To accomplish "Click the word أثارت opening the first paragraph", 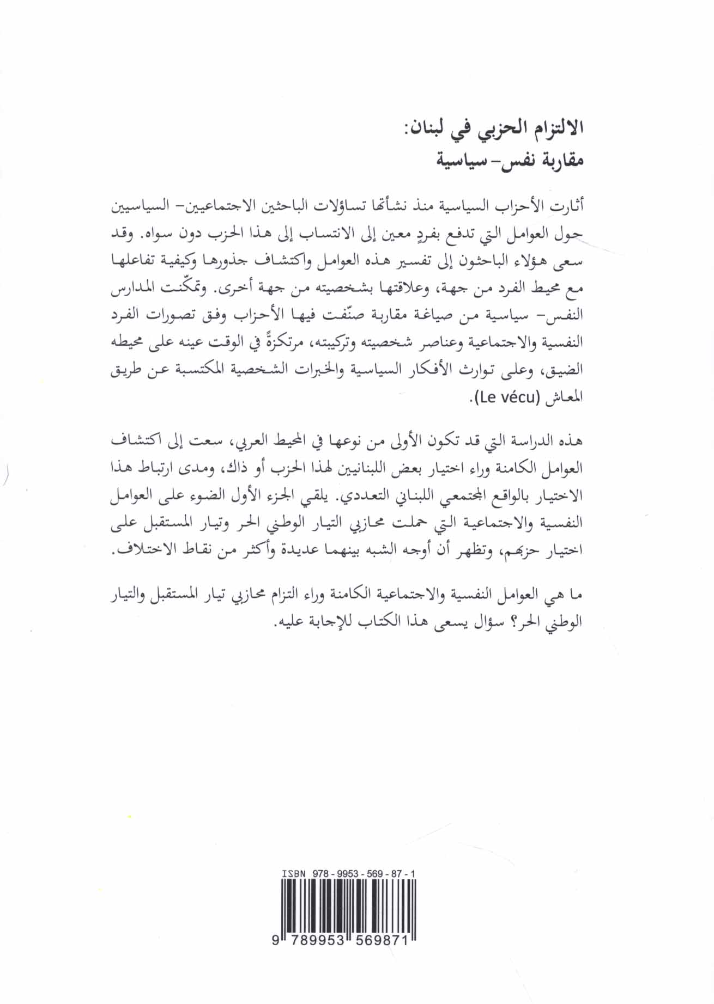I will click(570, 206).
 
